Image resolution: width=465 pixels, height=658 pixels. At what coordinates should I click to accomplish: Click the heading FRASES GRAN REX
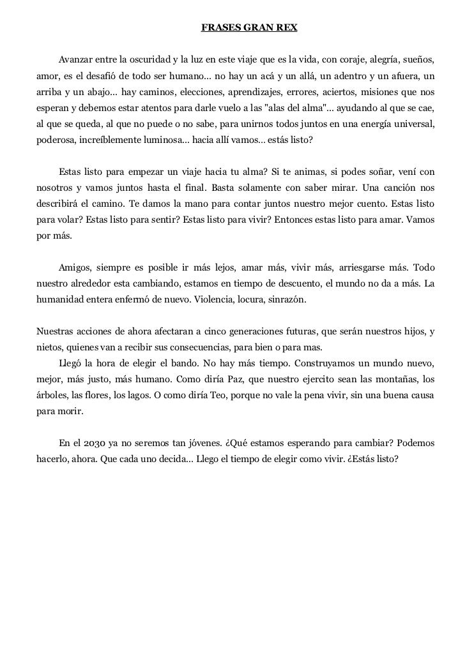point(249,29)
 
